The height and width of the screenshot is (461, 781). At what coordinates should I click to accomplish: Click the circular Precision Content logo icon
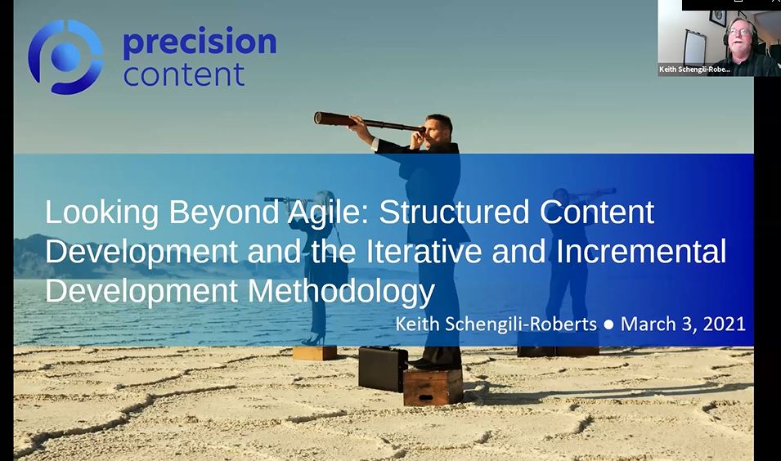click(65, 57)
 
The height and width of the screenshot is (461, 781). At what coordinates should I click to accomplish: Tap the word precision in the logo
click(200, 43)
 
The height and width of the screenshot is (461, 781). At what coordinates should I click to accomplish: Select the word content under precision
click(184, 74)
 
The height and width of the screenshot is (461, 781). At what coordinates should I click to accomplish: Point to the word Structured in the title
click(454, 212)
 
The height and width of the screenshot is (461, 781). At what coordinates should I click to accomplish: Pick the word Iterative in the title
click(424, 251)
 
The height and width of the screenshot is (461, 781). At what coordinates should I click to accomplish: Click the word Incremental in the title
click(641, 251)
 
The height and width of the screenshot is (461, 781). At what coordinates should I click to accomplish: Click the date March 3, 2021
click(683, 324)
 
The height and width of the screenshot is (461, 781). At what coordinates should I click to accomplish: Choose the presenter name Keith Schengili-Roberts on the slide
click(496, 324)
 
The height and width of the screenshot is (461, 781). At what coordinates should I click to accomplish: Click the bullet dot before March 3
click(608, 324)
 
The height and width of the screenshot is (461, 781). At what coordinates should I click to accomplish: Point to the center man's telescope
click(369, 123)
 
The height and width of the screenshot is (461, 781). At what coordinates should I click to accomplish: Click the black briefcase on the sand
click(383, 369)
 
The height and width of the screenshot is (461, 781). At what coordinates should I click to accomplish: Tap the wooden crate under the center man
click(433, 387)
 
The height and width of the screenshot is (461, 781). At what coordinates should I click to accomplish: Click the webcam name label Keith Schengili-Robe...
click(694, 69)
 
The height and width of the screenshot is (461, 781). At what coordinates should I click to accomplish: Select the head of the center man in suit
click(440, 128)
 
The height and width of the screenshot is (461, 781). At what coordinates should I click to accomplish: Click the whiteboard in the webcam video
click(694, 47)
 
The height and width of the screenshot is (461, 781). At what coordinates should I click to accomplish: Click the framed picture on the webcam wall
click(718, 17)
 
